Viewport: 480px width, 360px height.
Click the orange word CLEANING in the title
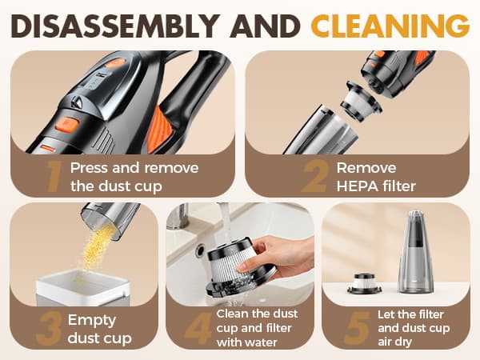point(390,26)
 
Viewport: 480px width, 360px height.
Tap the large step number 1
point(54,176)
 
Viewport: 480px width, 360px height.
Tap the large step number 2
point(314,176)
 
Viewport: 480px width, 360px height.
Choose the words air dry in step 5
point(406,342)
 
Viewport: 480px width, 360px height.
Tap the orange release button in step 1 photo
point(66,125)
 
